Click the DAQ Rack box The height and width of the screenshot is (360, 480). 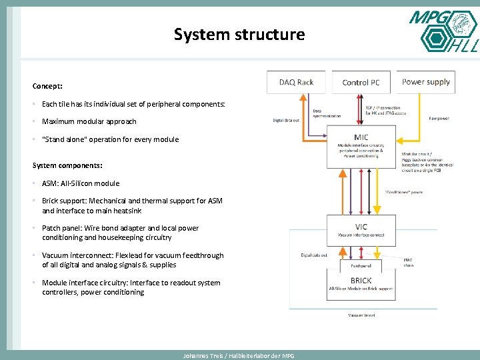click(x=296, y=82)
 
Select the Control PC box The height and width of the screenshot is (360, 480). click(x=361, y=82)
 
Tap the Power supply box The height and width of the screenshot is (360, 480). click(x=426, y=82)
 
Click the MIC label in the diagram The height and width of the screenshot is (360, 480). click(x=361, y=137)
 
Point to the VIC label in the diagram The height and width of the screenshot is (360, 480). click(x=361, y=227)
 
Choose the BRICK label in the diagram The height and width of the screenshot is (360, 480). click(x=361, y=281)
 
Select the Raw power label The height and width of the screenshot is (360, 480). click(x=439, y=119)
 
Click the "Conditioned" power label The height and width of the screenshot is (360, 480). click(x=404, y=193)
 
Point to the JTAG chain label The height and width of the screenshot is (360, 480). click(x=408, y=262)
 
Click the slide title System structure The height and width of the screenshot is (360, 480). click(x=239, y=34)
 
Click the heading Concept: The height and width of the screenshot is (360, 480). click(x=47, y=86)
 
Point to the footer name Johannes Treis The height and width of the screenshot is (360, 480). click(x=200, y=356)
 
